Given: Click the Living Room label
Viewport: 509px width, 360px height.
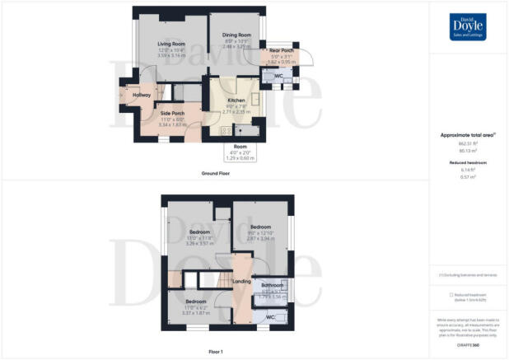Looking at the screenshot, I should click(171, 44).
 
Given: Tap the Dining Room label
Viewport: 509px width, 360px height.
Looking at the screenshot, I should click(236, 35).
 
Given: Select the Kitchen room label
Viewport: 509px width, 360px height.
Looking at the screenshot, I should click(236, 100).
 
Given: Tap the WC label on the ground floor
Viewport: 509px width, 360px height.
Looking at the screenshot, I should click(279, 77).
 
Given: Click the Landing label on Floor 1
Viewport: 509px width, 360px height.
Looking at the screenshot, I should click(242, 281).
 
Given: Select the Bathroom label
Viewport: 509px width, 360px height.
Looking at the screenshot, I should click(272, 285).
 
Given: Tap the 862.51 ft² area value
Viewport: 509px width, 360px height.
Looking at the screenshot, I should click(468, 142).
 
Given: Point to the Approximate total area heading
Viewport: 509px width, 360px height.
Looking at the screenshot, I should click(467, 133).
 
